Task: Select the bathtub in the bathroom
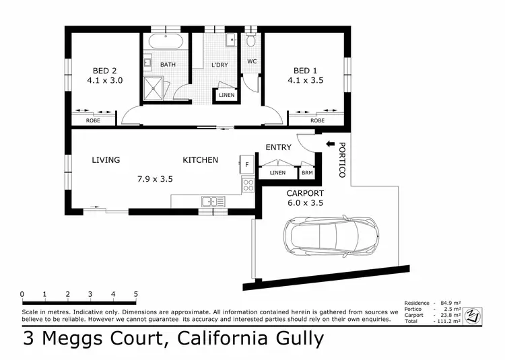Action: click(165, 42)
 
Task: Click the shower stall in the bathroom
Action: click(154, 89)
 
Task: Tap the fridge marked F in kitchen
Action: click(246, 164)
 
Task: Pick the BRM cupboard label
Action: click(307, 173)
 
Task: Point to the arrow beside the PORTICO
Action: click(329, 144)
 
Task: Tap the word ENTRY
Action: click(278, 147)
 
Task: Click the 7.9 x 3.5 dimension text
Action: click(156, 179)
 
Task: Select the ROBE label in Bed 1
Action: click(317, 120)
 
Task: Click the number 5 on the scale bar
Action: click(136, 294)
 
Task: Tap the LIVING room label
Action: click(106, 160)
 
